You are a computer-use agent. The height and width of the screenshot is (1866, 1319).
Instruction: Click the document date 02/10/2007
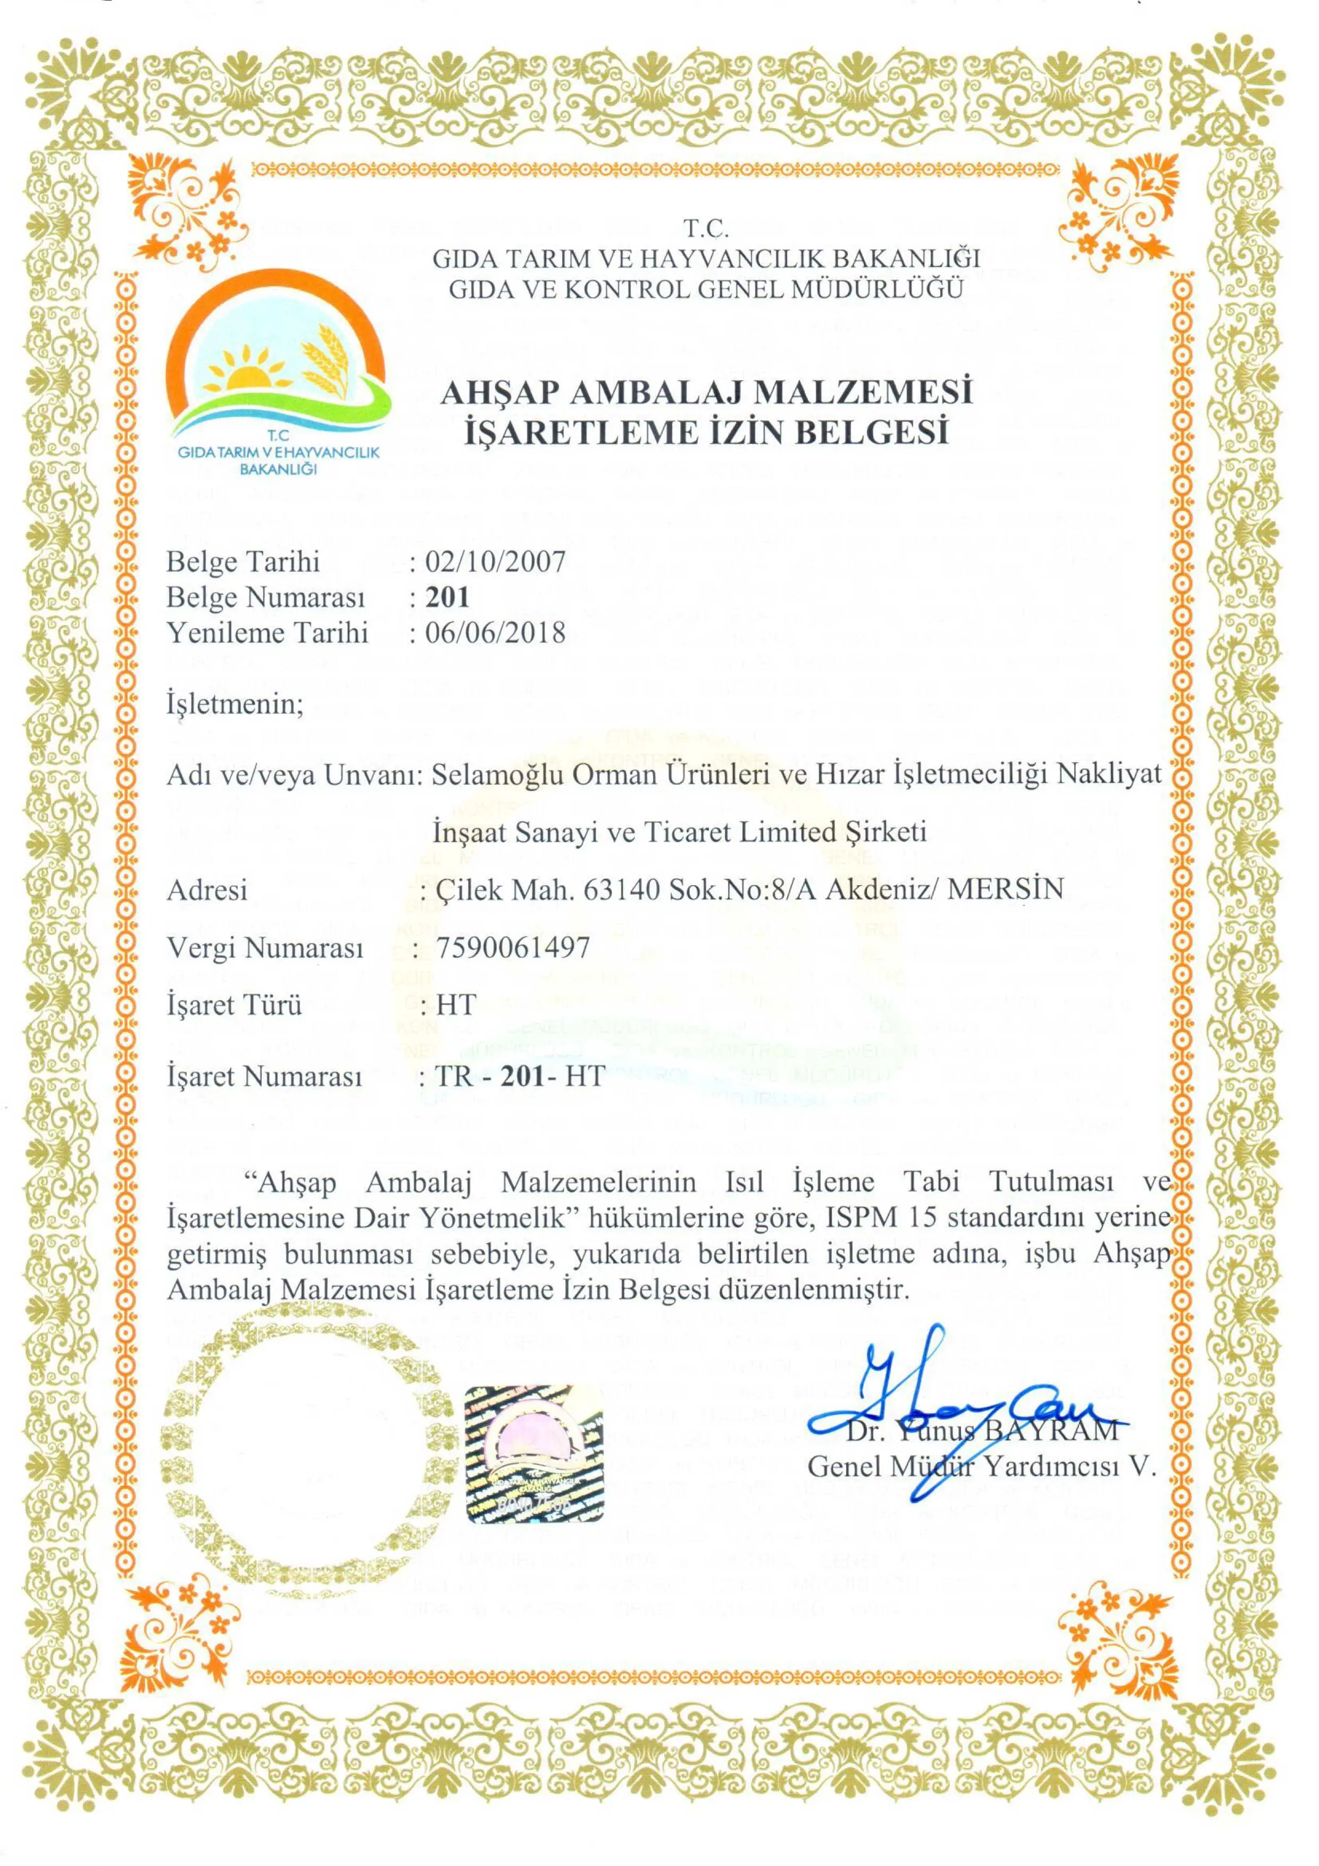[495, 562]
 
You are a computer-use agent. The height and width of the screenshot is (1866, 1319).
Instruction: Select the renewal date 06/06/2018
[495, 632]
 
